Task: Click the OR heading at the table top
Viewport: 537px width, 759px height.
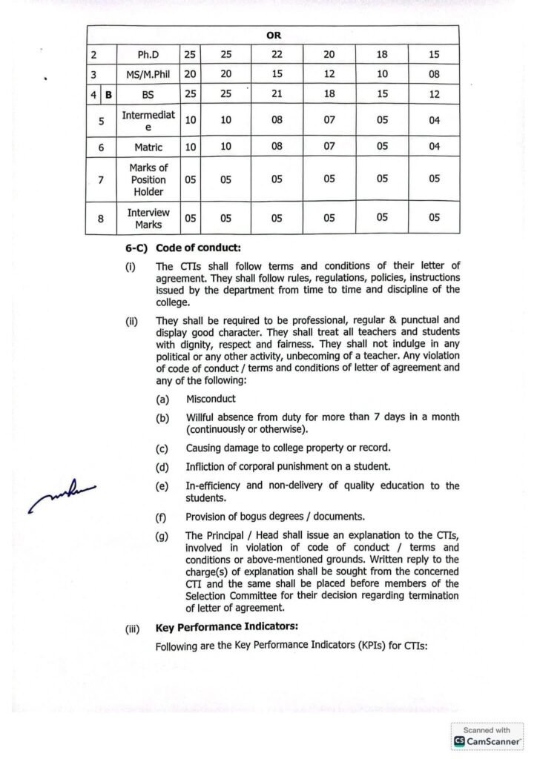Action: click(274, 35)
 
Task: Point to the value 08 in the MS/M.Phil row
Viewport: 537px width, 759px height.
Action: click(434, 74)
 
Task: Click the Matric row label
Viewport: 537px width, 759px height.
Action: click(148, 147)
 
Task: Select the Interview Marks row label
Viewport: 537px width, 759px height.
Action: click(148, 218)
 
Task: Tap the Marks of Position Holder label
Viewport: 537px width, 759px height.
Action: click(148, 179)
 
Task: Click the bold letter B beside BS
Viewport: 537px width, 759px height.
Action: click(108, 94)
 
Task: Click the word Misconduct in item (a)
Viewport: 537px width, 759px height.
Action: click(211, 399)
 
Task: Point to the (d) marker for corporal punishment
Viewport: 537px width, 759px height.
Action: click(162, 467)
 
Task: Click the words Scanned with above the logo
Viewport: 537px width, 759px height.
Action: click(487, 730)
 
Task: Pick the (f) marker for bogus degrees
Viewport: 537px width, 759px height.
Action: click(162, 517)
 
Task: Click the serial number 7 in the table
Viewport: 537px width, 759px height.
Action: click(102, 179)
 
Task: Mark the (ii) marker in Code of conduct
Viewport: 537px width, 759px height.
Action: click(132, 321)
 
